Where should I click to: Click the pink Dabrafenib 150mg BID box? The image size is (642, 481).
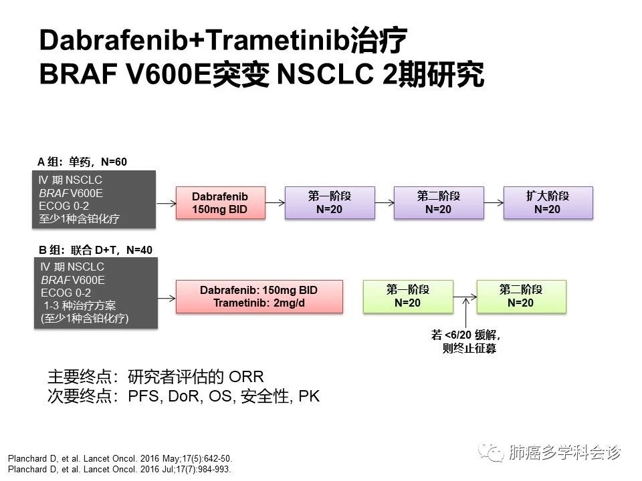coord(220,202)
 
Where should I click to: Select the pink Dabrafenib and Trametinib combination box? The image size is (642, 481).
coord(259,296)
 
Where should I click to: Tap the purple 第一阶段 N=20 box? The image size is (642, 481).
coord(329,202)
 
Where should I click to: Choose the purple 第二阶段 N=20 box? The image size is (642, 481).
coord(438,202)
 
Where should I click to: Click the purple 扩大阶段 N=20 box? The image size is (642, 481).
coord(548,202)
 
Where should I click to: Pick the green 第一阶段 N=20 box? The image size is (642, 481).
coord(407,296)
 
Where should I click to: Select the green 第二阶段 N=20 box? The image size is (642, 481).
coord(521,296)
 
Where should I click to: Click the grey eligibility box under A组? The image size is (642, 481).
coord(94,200)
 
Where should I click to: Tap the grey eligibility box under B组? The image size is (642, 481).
coord(96,293)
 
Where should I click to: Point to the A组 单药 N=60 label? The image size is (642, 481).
coord(82,162)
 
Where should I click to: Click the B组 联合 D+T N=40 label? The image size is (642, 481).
coord(95,250)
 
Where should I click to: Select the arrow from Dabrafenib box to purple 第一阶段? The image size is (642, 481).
coord(275,202)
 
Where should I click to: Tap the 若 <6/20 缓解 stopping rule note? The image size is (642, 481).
coord(466,341)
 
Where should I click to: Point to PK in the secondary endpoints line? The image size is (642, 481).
coord(309,396)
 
